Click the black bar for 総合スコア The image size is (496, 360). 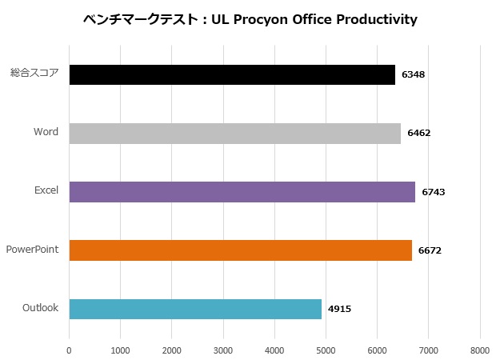(x=232, y=74)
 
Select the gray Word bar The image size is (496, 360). (x=234, y=133)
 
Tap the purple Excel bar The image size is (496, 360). (x=242, y=191)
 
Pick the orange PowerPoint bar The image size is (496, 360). (x=240, y=250)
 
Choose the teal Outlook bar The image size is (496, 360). (x=195, y=308)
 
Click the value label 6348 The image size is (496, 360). (x=413, y=74)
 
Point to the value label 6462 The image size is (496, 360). (x=418, y=133)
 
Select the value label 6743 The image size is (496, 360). (x=433, y=192)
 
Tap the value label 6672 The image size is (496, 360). (x=430, y=250)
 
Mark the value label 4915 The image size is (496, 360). (x=339, y=309)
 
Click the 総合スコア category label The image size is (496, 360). (x=34, y=73)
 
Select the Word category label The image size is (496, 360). (x=46, y=131)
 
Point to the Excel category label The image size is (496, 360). (x=46, y=190)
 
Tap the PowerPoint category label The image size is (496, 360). (x=32, y=249)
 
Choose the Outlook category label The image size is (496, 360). (x=40, y=307)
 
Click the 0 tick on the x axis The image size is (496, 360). (x=70, y=350)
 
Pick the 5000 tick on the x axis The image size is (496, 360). (x=326, y=350)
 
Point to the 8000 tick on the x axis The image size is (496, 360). (x=480, y=350)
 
